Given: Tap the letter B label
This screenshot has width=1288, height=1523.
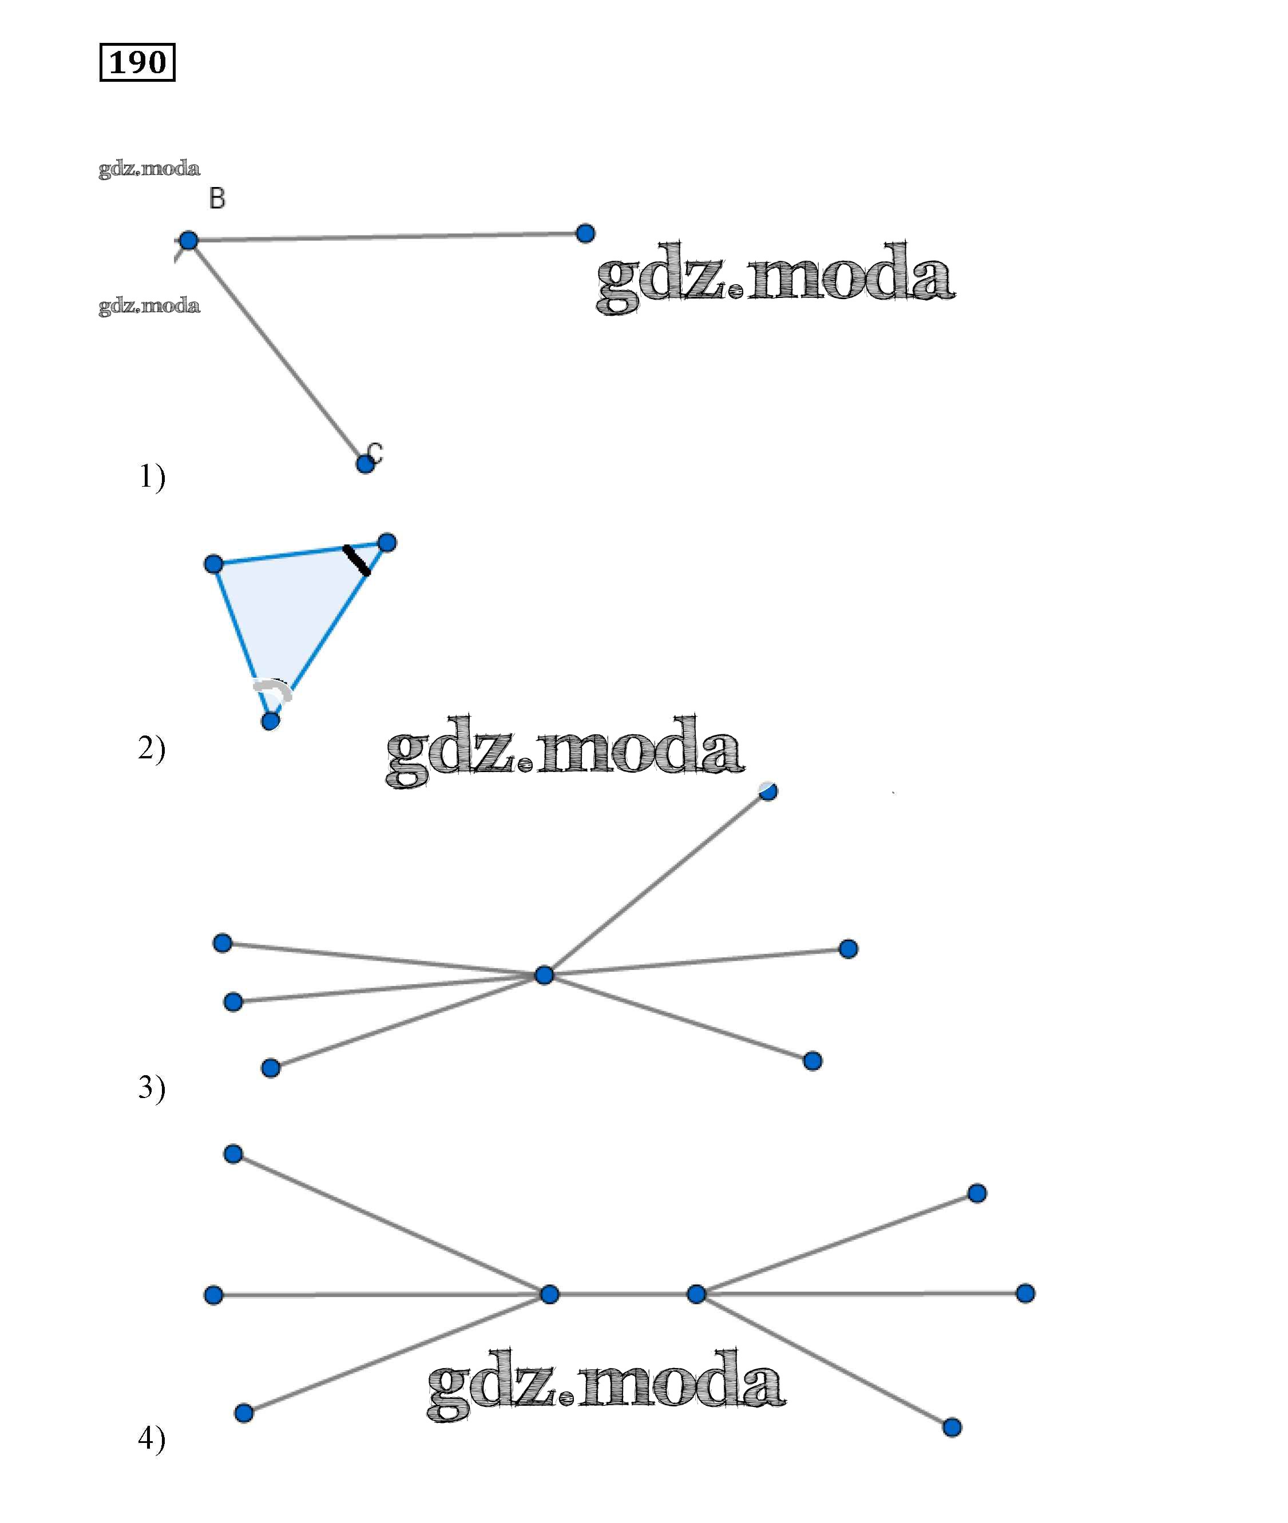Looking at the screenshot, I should (x=217, y=198).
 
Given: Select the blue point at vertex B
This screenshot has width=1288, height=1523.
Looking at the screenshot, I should (x=188, y=240).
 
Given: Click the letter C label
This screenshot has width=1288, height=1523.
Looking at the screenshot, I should (x=375, y=452).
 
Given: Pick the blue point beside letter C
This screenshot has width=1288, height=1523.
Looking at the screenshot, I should (x=365, y=464).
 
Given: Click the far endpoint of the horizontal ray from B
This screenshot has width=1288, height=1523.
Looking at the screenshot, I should (x=585, y=233).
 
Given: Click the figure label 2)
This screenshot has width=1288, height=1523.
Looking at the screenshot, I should (x=152, y=749).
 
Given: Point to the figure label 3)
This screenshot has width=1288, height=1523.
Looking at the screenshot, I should (x=152, y=1087).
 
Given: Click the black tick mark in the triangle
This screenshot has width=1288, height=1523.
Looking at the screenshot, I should (x=357, y=560).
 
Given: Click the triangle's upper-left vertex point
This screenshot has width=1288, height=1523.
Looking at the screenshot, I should (x=213, y=564).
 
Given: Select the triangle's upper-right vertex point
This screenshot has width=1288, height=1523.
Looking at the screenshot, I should (x=387, y=543).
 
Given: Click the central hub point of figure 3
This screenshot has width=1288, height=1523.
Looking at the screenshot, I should (x=544, y=975).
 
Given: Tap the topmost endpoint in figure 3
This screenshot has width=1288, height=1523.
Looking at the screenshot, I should (x=768, y=791).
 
